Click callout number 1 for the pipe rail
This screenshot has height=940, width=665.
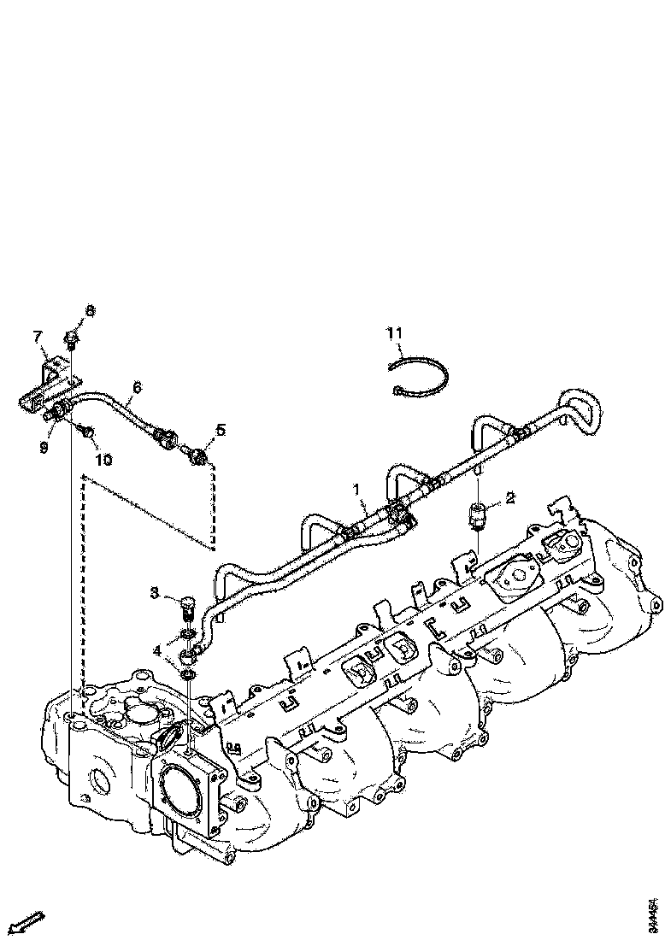(x=361, y=491)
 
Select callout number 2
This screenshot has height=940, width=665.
(x=509, y=496)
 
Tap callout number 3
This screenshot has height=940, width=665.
(x=155, y=591)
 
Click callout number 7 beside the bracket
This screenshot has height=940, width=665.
(x=38, y=336)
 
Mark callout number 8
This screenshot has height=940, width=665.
(x=91, y=310)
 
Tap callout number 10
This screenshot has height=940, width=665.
(x=103, y=460)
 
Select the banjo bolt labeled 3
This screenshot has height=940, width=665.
(x=187, y=607)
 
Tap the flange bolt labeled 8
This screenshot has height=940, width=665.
(x=73, y=339)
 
